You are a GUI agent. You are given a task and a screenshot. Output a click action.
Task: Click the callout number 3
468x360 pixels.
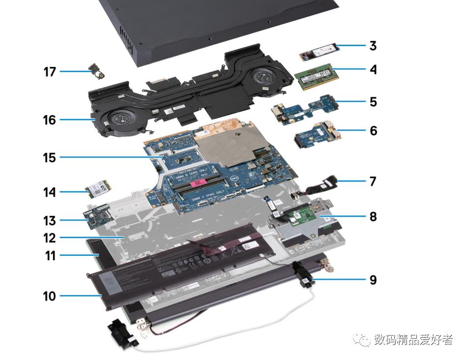click(x=373, y=46)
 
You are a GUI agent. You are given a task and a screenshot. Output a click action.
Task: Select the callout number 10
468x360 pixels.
click(x=50, y=296)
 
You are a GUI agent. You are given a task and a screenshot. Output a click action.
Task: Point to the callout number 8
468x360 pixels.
click(x=373, y=215)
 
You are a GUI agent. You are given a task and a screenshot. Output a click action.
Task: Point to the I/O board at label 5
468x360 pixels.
click(x=305, y=105)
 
